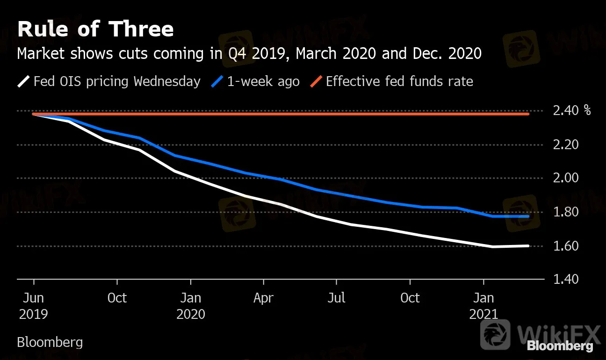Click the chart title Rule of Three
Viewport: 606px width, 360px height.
tap(95, 29)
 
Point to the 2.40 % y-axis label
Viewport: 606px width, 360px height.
tap(571, 111)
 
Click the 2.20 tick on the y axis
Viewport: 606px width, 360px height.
tap(565, 145)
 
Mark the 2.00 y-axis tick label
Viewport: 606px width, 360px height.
tap(565, 179)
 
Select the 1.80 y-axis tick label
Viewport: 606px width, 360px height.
tap(565, 212)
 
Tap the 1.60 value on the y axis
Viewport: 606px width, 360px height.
tap(565, 246)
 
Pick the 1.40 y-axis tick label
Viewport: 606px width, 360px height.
tap(565, 280)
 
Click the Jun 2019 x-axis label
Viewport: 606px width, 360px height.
tap(33, 306)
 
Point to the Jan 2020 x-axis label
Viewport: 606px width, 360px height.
tap(191, 306)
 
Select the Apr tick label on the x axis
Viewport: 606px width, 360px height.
tap(263, 298)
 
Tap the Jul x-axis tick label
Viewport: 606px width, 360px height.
tap(337, 298)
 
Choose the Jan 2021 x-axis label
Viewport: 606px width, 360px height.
tap(484, 306)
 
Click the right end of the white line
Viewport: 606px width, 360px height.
tap(528, 246)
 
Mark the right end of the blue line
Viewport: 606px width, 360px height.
tap(528, 216)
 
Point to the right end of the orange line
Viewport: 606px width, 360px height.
tap(528, 114)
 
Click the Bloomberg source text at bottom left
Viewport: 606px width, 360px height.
tap(50, 342)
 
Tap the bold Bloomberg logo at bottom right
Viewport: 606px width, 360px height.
tap(560, 346)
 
